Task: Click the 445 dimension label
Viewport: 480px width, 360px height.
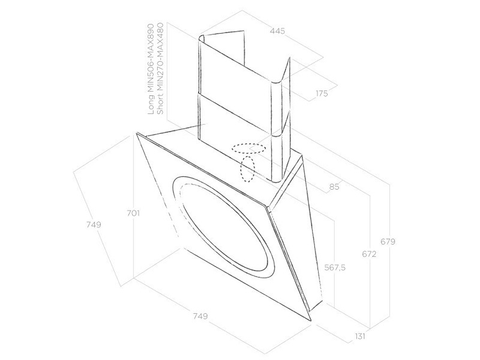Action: pos(277,31)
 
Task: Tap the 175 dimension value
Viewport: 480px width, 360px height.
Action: pos(322,94)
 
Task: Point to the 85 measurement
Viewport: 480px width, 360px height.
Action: pos(334,186)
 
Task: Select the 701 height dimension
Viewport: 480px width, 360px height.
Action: pos(133,213)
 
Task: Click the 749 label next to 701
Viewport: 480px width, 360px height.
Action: pos(94,224)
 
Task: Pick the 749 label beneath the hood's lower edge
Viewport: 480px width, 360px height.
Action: pos(200,316)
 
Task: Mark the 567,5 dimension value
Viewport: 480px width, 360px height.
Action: pos(335,268)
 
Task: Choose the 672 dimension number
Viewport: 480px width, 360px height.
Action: pos(369,254)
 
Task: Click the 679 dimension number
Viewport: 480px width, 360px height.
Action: pos(388,242)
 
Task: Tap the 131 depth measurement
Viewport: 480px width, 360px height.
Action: pos(361,336)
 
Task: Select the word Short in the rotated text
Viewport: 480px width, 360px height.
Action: pos(160,103)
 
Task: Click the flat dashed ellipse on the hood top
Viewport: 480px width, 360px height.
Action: pos(248,148)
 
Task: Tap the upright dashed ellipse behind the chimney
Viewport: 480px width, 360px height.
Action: pos(247,169)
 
